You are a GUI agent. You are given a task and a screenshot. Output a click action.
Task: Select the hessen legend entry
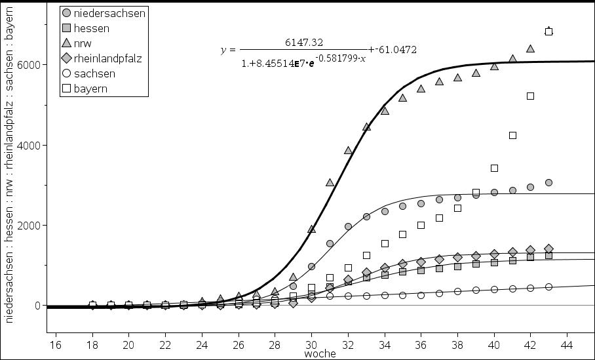pos(91,28)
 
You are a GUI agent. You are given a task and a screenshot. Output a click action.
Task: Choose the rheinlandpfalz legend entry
pos(107,58)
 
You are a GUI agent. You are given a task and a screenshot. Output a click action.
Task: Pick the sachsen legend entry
pos(94,73)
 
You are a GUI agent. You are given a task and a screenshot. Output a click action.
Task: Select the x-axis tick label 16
pos(55,344)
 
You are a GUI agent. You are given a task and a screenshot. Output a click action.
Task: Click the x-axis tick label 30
pos(311,344)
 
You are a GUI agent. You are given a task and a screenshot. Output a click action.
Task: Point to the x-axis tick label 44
pos(567,344)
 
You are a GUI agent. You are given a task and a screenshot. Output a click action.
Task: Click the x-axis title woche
pos(320,354)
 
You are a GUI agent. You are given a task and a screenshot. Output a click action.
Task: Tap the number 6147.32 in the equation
pos(303,42)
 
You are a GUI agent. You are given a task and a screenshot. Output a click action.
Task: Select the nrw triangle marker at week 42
pos(531,49)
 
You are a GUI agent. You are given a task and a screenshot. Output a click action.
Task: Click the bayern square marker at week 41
pos(512,135)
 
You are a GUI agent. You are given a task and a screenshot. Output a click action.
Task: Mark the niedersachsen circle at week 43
pos(548,182)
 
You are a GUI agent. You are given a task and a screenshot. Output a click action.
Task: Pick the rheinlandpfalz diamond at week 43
pos(548,249)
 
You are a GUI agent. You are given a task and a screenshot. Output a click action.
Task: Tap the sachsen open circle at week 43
pos(548,287)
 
